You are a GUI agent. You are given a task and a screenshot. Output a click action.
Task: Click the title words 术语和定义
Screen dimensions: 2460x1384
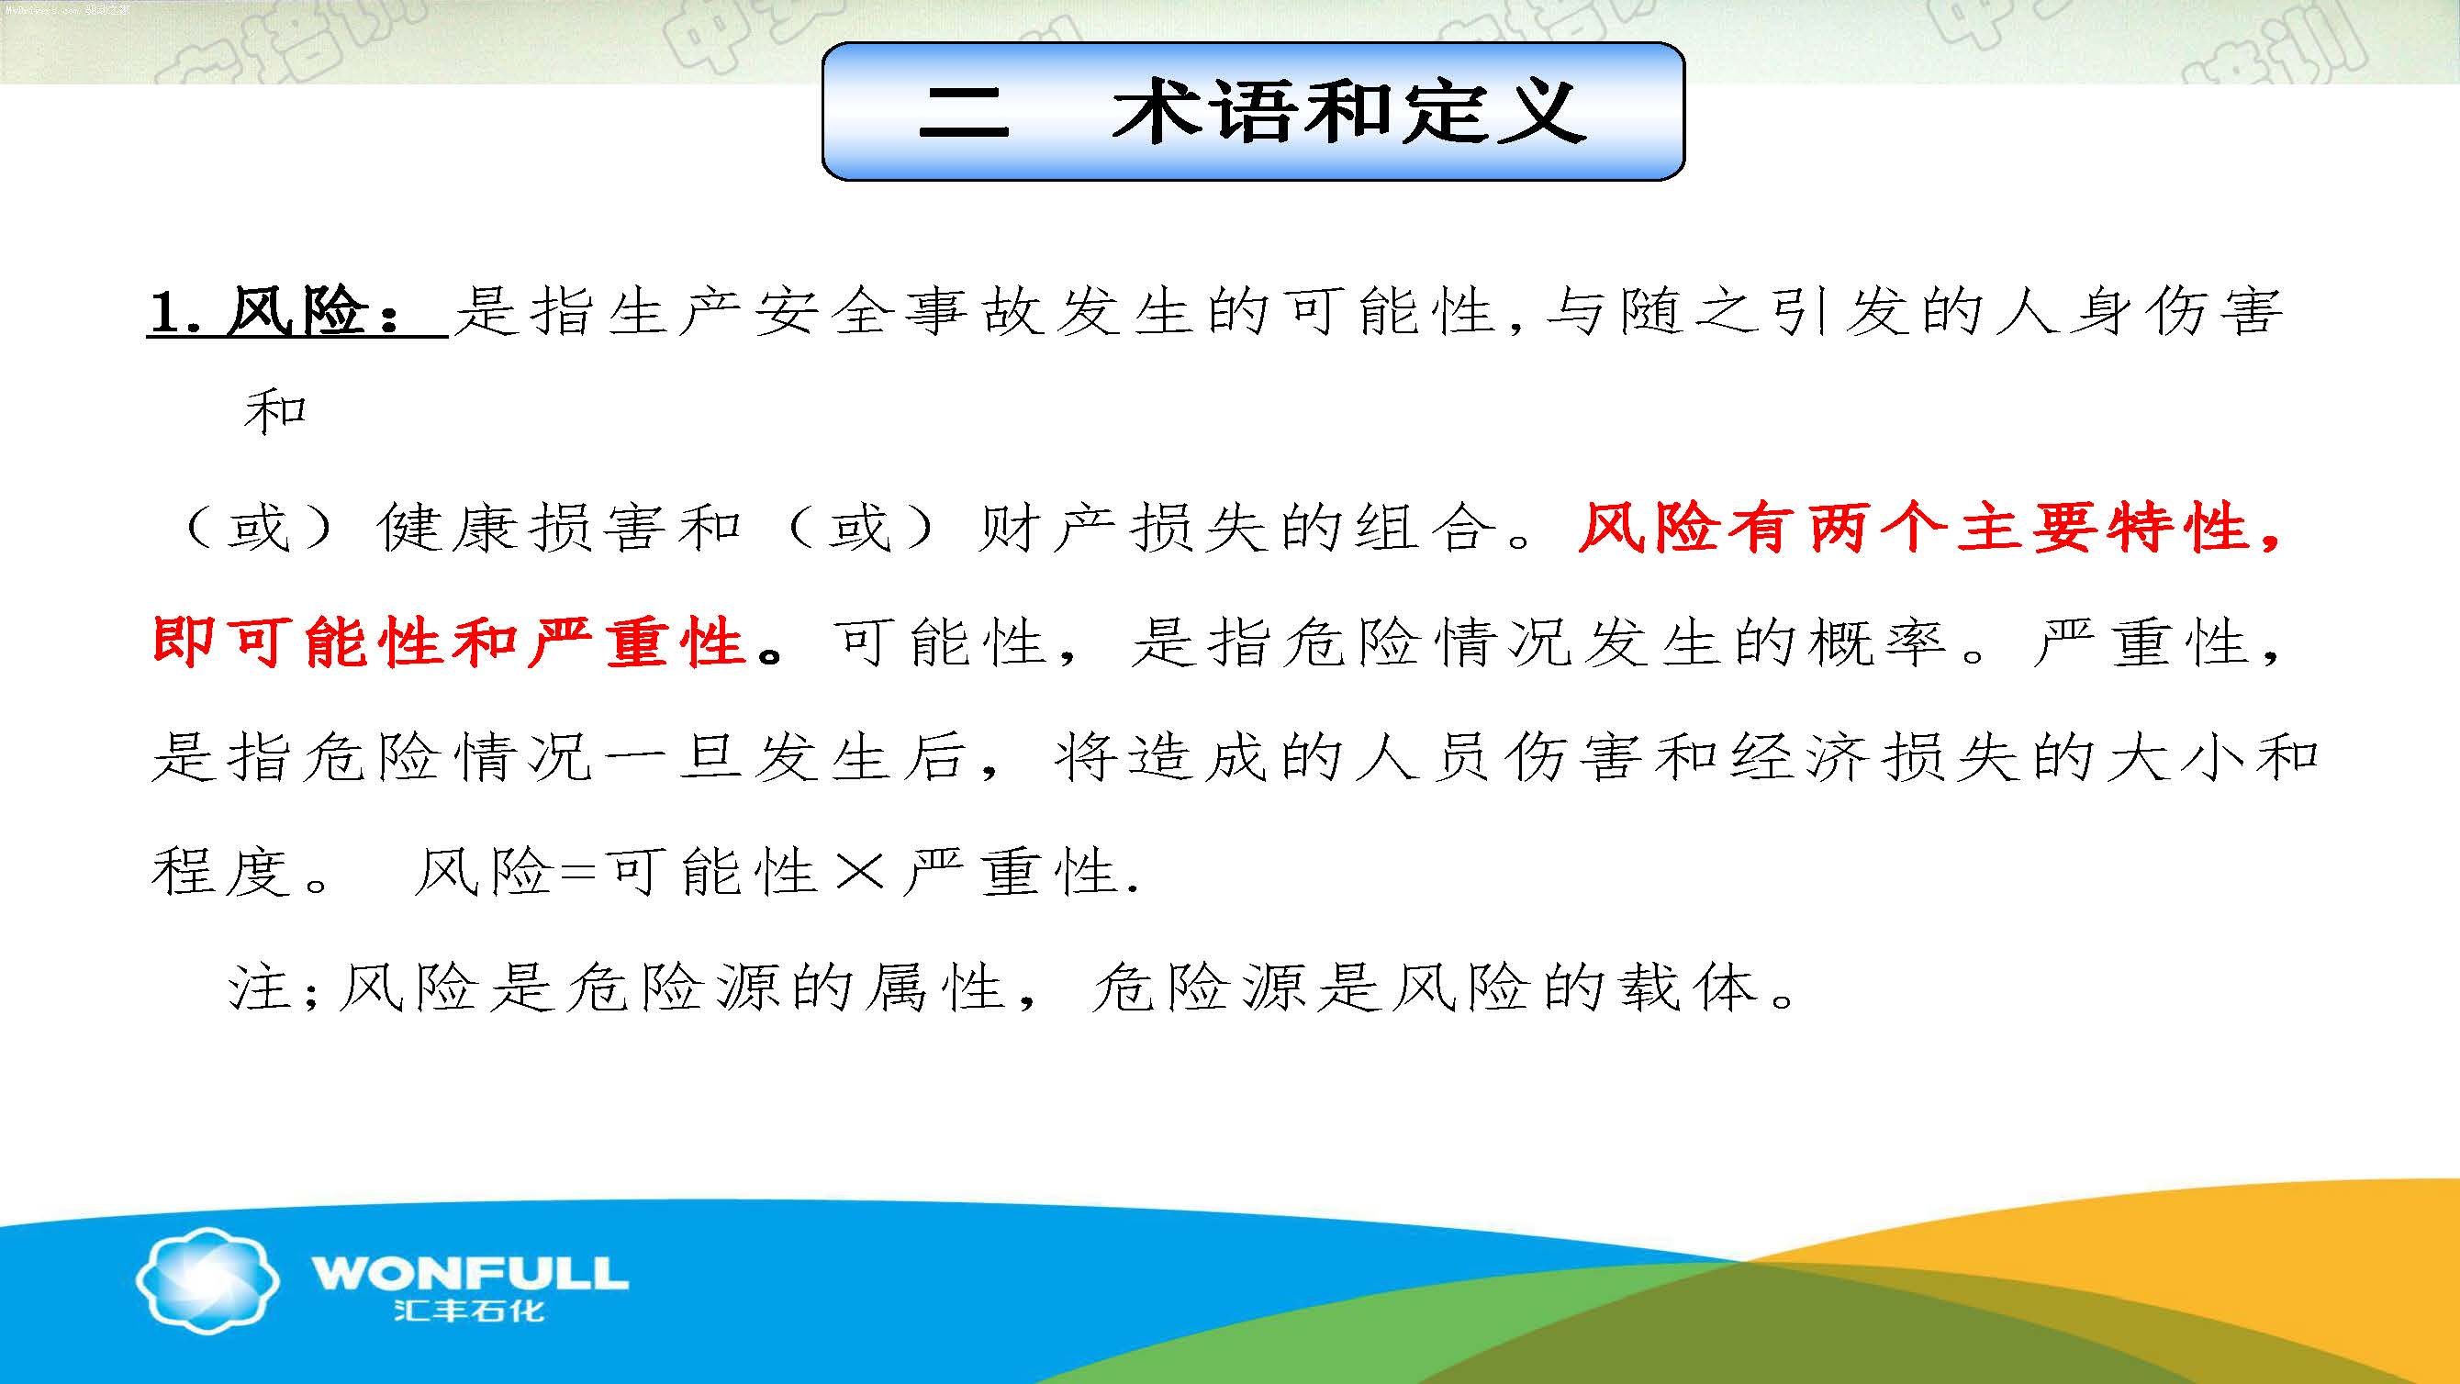coord(1349,113)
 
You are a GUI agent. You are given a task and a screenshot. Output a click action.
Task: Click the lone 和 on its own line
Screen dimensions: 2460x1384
coord(275,414)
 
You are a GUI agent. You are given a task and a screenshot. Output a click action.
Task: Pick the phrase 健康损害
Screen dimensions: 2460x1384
coord(520,529)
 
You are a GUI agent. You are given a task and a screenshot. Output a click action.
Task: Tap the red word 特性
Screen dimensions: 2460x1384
coord(2178,529)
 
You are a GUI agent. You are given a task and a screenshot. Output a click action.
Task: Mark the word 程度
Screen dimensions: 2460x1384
coord(220,872)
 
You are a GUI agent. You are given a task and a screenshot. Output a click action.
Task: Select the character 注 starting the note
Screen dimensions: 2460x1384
coord(259,987)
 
